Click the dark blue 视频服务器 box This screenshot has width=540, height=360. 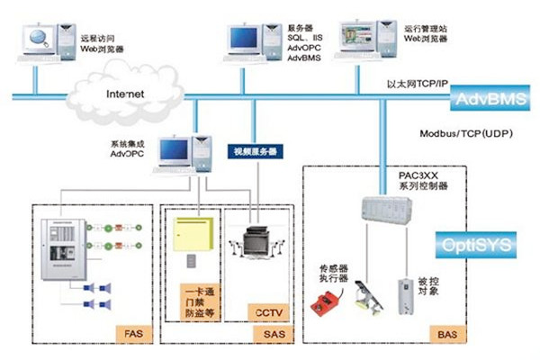coord(255,151)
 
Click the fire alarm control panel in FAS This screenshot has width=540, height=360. coord(61,247)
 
